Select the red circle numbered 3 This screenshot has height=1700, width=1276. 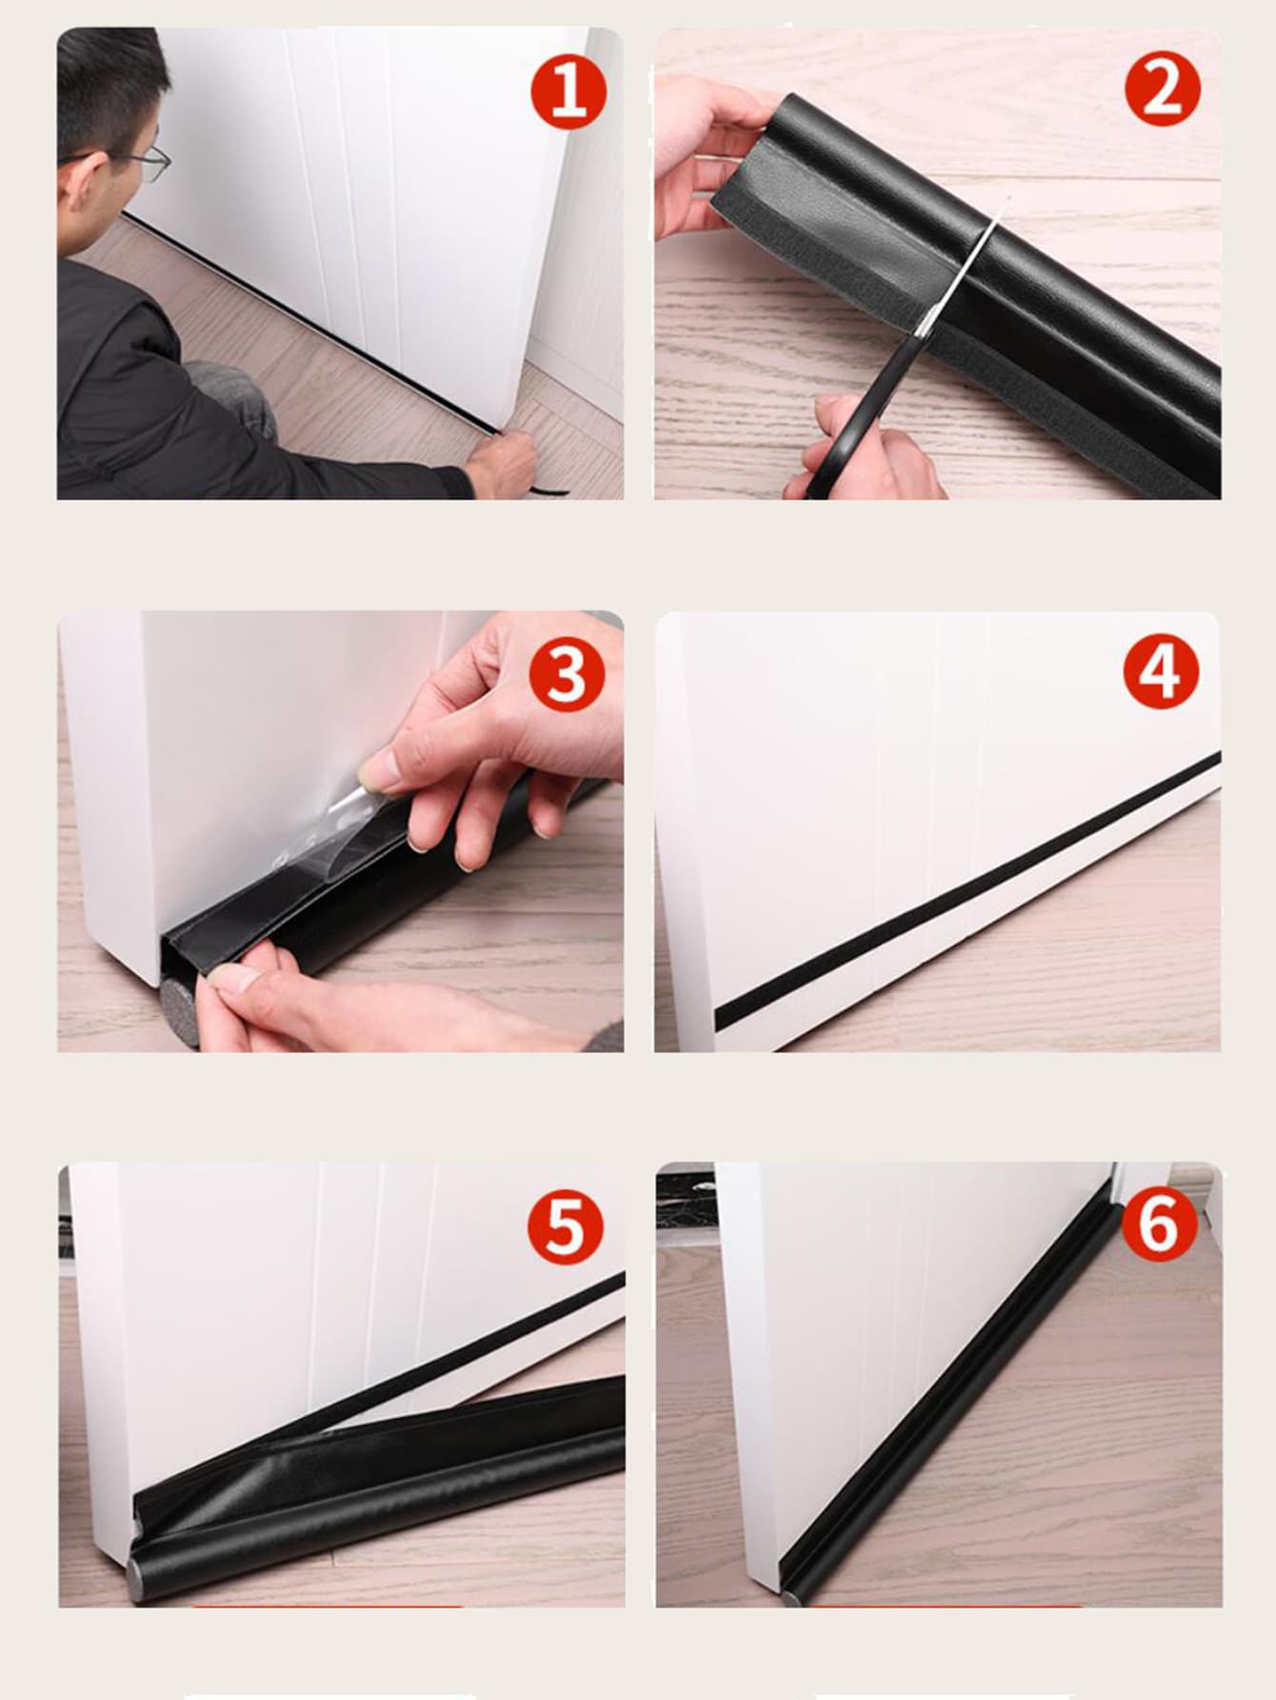(x=568, y=673)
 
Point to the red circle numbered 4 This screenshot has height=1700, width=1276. (x=1162, y=671)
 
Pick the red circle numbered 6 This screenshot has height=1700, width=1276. (x=1159, y=1224)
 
